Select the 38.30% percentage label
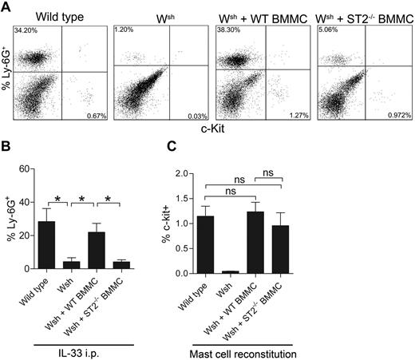pyautogui.click(x=227, y=30)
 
